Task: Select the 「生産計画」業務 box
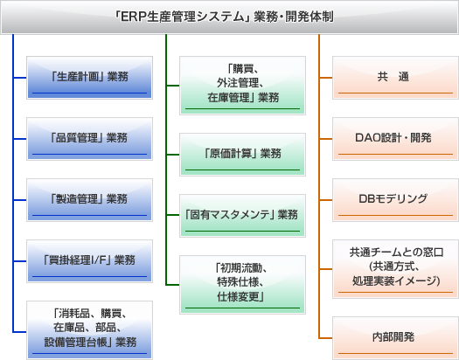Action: (89, 78)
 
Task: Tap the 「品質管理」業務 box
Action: (89, 139)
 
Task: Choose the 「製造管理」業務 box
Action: (89, 200)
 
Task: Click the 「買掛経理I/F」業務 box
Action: (89, 261)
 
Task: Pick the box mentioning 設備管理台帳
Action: (89, 330)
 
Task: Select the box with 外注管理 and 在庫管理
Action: (242, 86)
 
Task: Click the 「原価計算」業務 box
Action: (242, 155)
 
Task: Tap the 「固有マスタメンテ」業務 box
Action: (242, 216)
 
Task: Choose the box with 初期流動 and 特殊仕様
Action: (242, 285)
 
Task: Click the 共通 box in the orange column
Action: (395, 78)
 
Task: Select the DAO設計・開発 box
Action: (395, 139)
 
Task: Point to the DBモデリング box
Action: (395, 200)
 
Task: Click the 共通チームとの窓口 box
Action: (395, 269)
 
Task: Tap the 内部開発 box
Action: (395, 338)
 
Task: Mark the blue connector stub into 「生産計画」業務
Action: (20, 78)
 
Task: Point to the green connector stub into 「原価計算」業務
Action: (173, 155)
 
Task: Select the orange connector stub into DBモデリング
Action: (326, 200)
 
